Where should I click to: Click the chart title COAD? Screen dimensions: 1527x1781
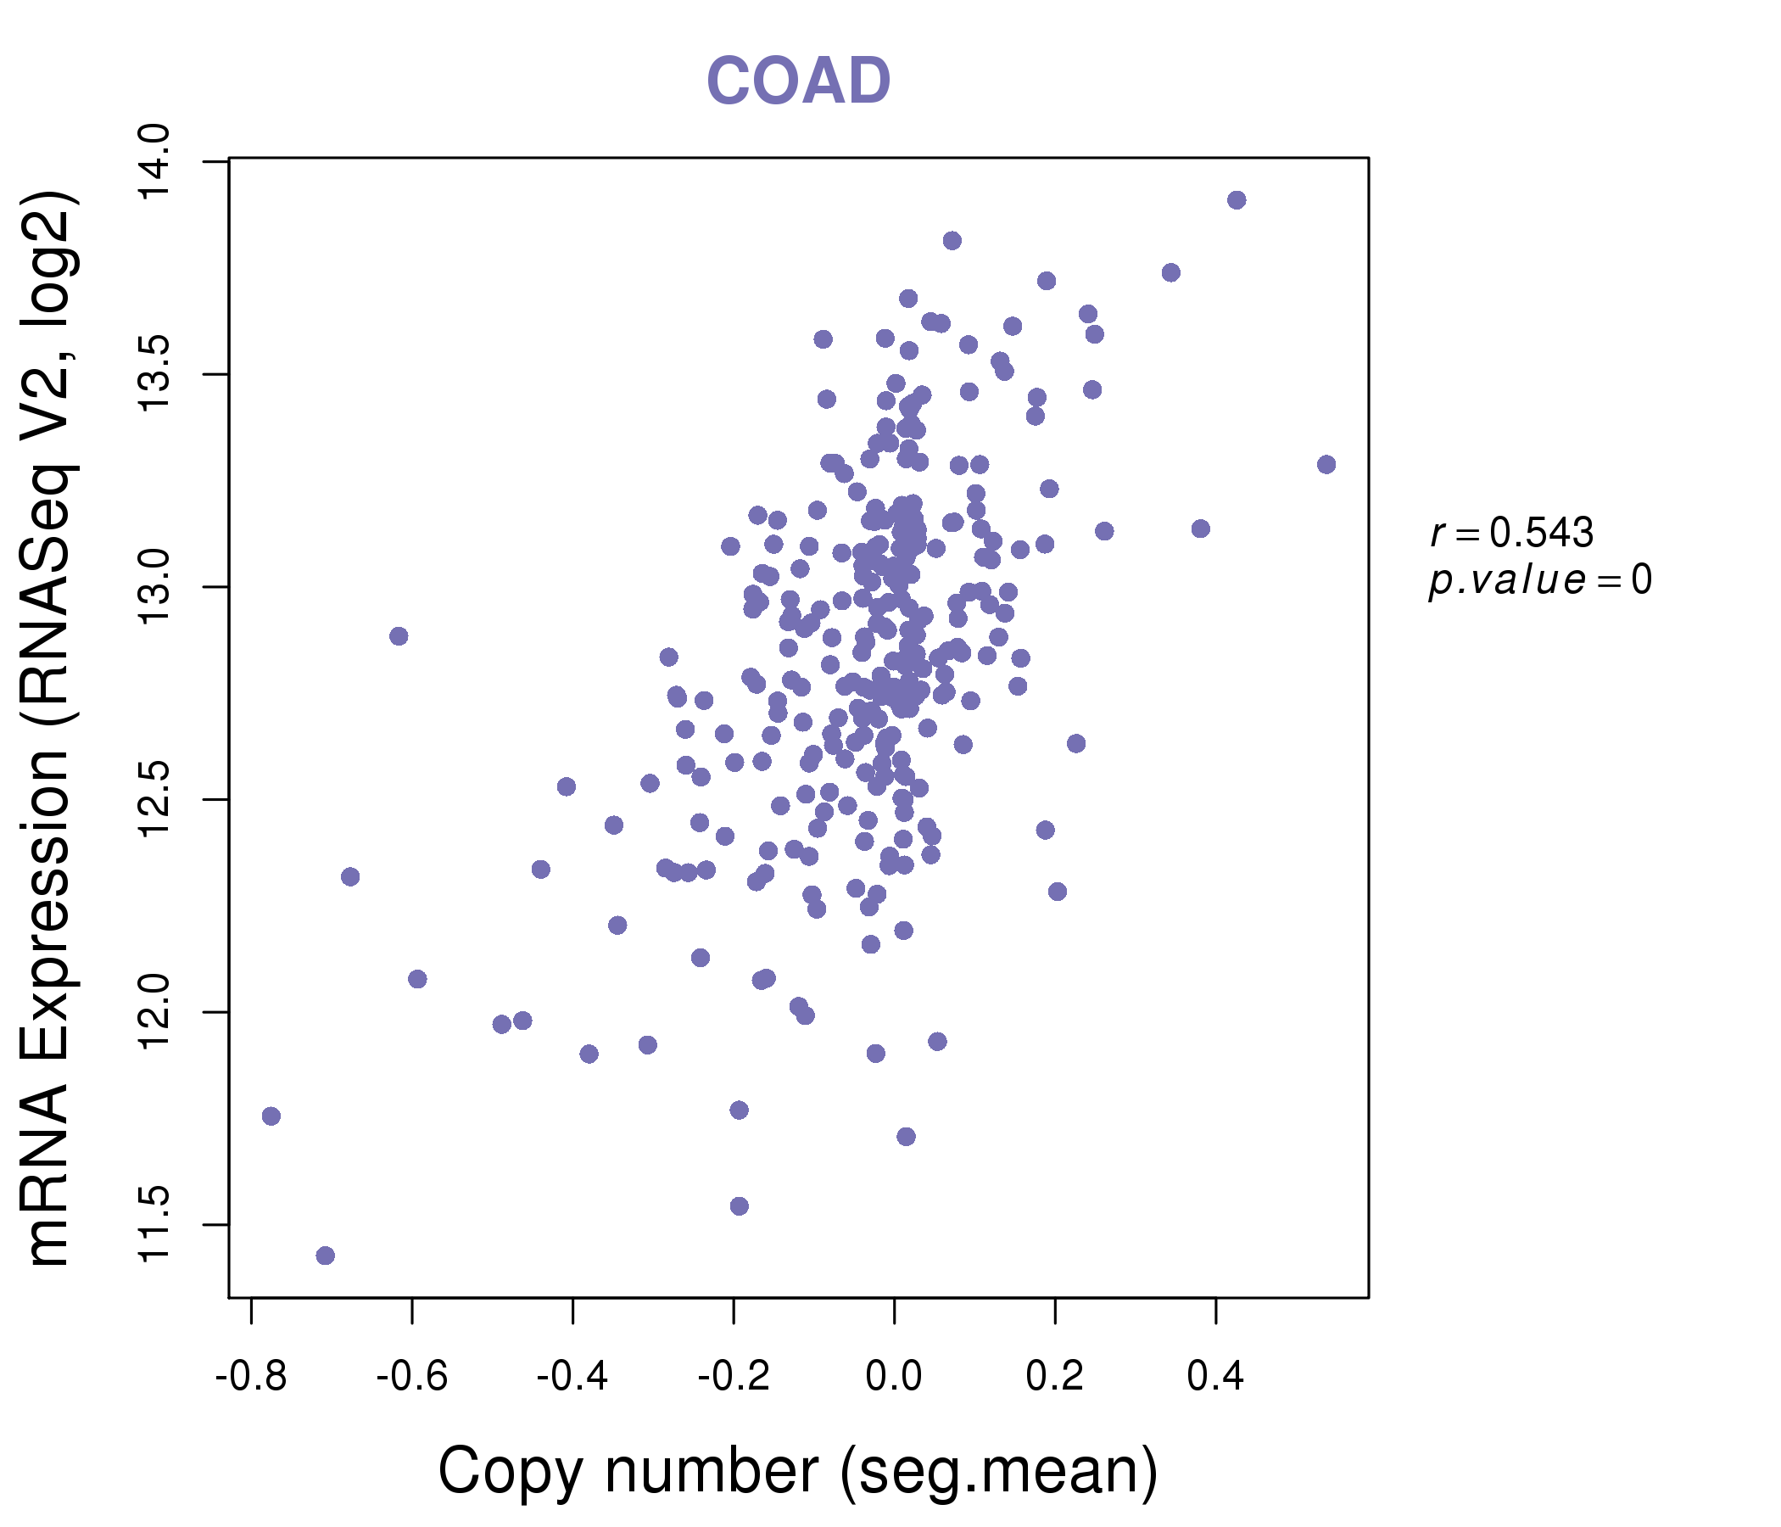(x=798, y=81)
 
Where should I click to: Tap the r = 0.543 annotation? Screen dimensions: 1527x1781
(x=1511, y=533)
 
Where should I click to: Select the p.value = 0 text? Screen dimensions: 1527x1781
(x=1539, y=580)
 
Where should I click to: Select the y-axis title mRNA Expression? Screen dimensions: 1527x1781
(x=48, y=729)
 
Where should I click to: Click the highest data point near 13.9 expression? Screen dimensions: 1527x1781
(x=1236, y=200)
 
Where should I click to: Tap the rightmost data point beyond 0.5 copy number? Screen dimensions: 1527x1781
(x=1326, y=464)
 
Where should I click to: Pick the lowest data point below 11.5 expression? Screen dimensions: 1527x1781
(x=325, y=1256)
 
